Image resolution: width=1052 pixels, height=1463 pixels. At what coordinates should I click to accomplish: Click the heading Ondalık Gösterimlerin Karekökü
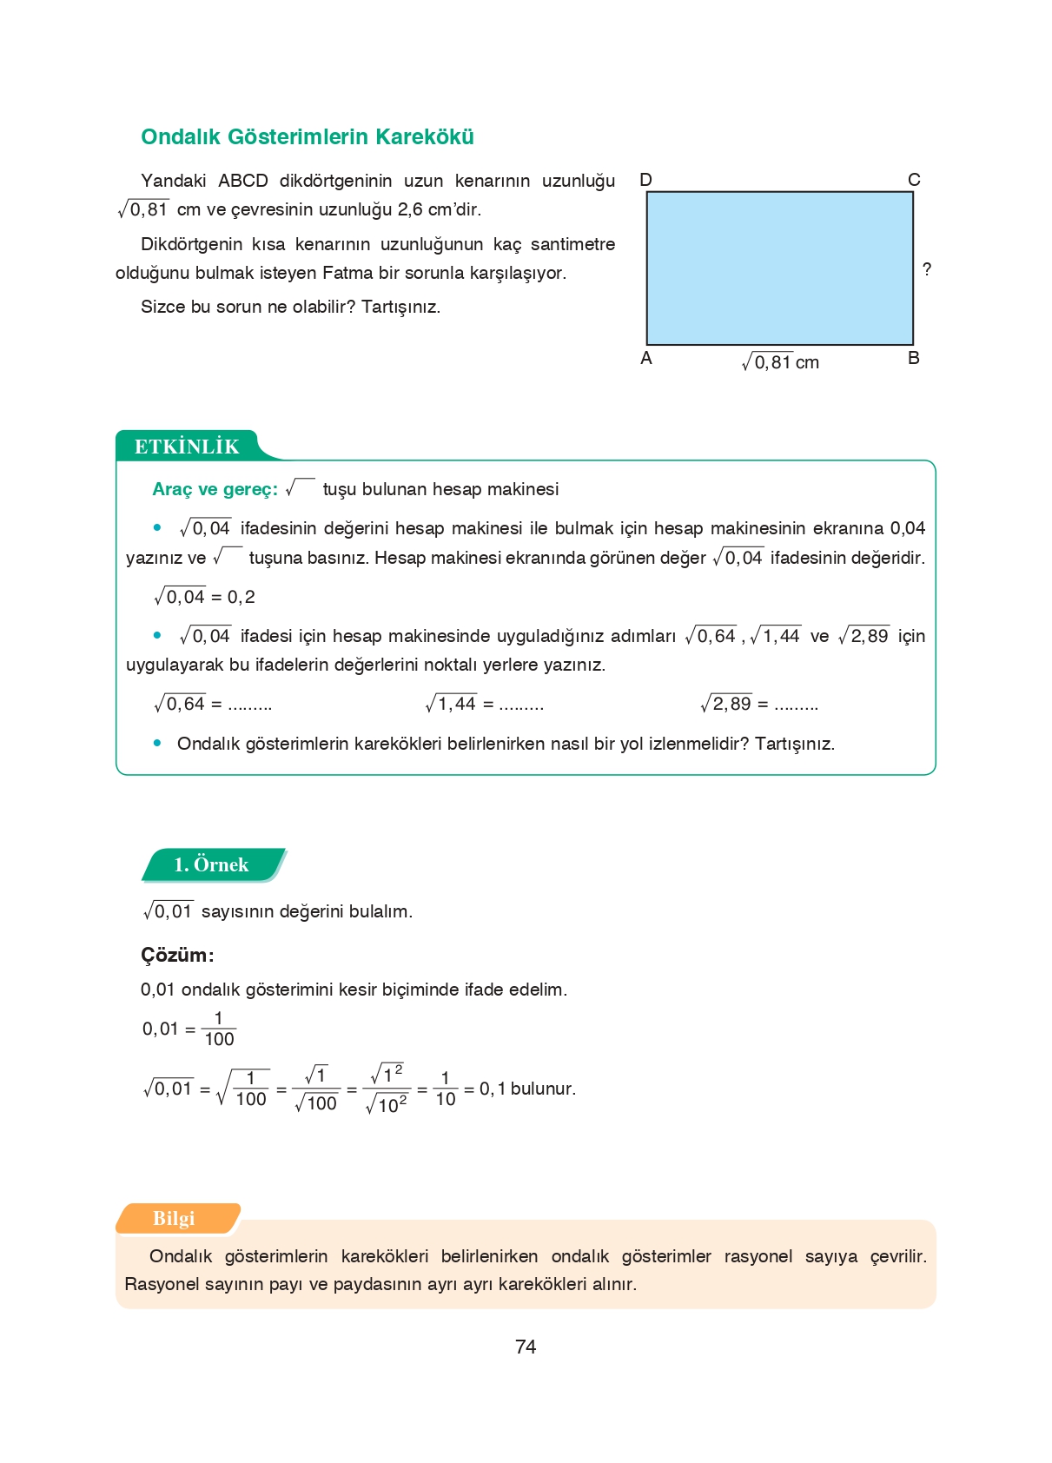(307, 137)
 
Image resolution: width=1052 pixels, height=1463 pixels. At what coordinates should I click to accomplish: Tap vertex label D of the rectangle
(645, 180)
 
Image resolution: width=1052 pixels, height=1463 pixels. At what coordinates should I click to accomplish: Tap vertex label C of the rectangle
(914, 180)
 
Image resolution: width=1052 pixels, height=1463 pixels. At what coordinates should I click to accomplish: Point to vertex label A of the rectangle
(645, 358)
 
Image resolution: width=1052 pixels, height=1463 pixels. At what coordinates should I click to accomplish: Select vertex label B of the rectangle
(914, 358)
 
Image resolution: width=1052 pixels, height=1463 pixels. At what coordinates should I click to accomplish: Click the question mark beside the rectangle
(927, 269)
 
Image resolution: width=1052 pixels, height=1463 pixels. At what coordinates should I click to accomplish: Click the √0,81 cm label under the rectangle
(780, 362)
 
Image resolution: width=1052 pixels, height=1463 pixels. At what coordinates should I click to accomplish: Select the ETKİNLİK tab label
(187, 447)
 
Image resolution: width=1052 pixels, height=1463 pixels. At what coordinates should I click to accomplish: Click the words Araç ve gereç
(214, 489)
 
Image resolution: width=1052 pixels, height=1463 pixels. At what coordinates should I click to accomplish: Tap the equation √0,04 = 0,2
(204, 597)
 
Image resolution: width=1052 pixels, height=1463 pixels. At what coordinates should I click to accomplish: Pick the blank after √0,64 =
(250, 705)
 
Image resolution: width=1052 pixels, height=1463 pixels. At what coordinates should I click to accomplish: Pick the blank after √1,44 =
(522, 705)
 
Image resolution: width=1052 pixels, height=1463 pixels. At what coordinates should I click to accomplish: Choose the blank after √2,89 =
(797, 705)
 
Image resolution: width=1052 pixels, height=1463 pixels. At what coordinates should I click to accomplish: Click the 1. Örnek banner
(211, 864)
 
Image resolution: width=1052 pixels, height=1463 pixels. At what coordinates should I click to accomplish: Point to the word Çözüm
(176, 955)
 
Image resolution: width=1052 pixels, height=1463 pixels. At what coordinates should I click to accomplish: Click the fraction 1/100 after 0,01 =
(219, 1029)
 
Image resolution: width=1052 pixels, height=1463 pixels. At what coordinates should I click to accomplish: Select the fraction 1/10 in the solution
(445, 1089)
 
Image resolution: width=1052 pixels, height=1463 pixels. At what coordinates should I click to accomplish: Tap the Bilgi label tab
(174, 1218)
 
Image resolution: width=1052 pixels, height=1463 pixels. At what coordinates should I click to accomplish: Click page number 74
(526, 1347)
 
